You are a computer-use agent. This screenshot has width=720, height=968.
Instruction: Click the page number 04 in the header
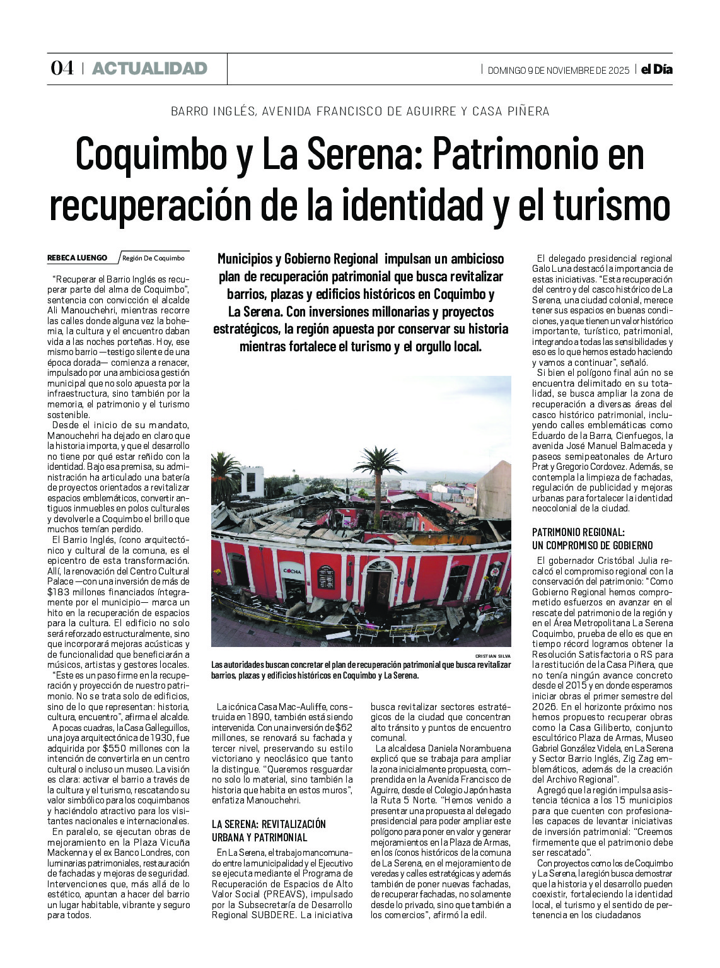(x=62, y=68)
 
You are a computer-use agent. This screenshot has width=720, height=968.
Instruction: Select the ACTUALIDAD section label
(x=149, y=68)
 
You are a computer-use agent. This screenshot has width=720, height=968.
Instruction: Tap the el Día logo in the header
(x=656, y=69)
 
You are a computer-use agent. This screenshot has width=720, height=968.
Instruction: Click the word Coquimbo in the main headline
(x=150, y=154)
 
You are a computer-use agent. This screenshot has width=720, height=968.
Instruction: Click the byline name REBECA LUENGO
(x=77, y=258)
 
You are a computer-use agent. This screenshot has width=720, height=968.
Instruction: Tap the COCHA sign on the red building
(x=293, y=571)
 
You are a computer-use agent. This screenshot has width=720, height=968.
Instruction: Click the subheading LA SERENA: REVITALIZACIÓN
(x=269, y=824)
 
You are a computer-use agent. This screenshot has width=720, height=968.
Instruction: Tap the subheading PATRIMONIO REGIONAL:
(x=578, y=532)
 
